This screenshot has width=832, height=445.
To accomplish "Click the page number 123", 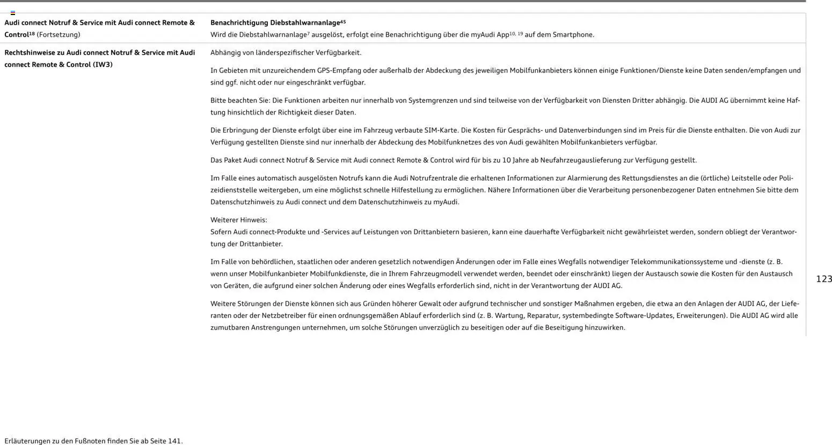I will (x=823, y=279).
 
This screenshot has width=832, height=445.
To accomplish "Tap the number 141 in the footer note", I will (x=174, y=441).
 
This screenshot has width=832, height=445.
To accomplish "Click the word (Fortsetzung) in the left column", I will (x=58, y=35).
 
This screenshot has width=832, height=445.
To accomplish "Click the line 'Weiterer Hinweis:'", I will (x=238, y=220).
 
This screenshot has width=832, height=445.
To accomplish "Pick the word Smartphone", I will (x=573, y=35).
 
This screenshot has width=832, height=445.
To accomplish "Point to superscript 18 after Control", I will (x=32, y=33).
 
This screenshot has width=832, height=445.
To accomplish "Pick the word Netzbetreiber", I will (x=283, y=315).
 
